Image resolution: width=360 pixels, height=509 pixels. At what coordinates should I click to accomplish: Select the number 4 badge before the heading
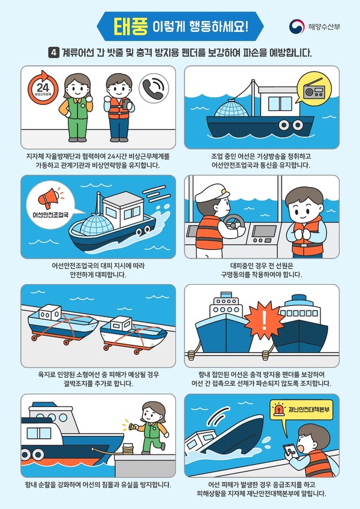coord(53,53)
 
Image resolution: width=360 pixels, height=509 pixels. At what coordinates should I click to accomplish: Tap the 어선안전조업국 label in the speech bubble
coord(55,213)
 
